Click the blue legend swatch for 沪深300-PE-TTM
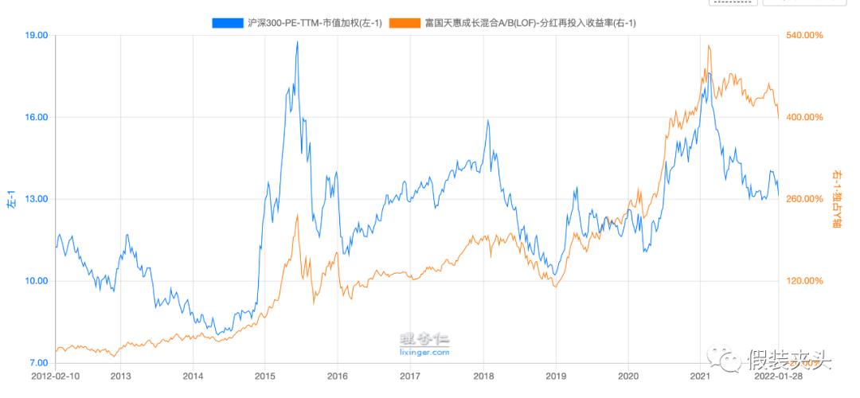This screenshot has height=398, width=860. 229,23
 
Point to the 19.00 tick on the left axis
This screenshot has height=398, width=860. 37,36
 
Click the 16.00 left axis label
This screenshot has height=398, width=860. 37,117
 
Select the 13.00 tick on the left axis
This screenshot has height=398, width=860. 37,199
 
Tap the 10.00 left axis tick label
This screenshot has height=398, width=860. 37,281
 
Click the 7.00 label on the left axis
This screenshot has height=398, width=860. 40,363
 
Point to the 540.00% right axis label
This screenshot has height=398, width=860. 805,36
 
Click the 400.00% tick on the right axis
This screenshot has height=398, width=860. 805,117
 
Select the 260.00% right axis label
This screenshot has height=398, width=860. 805,199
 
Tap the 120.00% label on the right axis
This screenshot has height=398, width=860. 805,281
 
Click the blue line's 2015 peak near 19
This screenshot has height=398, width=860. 297,42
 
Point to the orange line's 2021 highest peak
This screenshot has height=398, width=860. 709,46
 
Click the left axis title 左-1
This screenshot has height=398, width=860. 11,199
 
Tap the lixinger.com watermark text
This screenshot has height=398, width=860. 424,351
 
